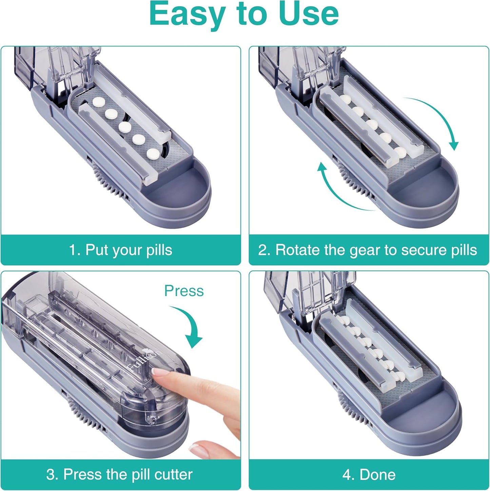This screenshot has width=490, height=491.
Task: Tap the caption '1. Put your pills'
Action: tap(120, 250)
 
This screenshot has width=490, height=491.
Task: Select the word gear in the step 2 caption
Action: tap(365, 250)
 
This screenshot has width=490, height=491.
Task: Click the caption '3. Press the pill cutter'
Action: tap(119, 474)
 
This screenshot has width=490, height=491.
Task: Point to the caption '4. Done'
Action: tap(369, 474)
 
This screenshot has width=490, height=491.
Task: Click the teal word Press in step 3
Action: tap(184, 291)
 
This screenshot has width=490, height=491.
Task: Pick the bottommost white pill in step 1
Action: tap(153, 153)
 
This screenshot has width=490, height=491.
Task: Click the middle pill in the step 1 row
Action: tap(125, 127)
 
